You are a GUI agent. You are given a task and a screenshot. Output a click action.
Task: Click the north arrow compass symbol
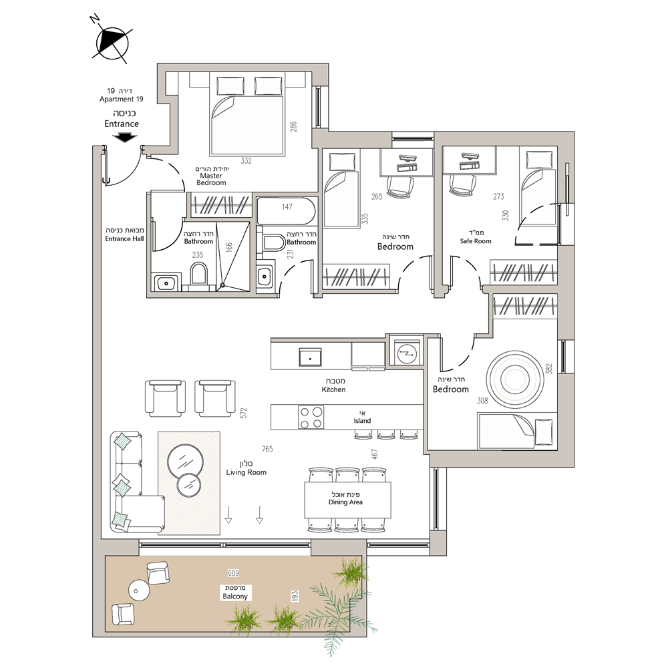[x=112, y=42]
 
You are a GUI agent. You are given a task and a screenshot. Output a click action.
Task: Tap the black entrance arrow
[x=124, y=138]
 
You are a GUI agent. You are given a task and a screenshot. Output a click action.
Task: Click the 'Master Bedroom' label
[x=211, y=179]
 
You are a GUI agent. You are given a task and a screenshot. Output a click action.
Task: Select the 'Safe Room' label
[x=476, y=241]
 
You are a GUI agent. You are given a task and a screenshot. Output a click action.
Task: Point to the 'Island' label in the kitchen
[x=362, y=420]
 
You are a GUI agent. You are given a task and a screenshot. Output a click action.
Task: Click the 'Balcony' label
[x=234, y=596]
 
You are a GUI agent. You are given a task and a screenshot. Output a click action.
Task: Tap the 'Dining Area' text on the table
[x=345, y=502]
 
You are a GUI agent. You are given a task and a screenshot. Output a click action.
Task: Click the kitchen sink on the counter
[x=310, y=357]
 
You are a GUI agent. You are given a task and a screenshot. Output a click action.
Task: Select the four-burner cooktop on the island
[x=311, y=417]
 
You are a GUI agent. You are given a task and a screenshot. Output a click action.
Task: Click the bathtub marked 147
[x=287, y=210]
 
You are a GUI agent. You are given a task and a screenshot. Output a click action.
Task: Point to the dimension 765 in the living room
[x=267, y=449]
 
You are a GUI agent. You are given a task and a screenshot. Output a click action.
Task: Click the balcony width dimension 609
[x=233, y=573]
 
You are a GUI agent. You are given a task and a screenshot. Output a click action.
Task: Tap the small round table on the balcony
[x=139, y=591]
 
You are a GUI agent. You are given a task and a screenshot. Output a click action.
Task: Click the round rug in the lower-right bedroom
[x=514, y=378]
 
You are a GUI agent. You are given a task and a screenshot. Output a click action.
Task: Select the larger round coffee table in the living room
[x=185, y=462]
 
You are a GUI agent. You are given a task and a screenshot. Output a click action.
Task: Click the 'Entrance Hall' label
[x=124, y=239]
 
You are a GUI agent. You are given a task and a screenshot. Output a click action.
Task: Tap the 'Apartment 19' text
[x=122, y=100]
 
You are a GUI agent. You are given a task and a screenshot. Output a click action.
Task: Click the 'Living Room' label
[x=246, y=472]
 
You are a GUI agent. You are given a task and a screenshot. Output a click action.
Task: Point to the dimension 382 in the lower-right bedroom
[x=548, y=369]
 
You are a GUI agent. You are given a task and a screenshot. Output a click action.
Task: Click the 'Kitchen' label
[x=333, y=389]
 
